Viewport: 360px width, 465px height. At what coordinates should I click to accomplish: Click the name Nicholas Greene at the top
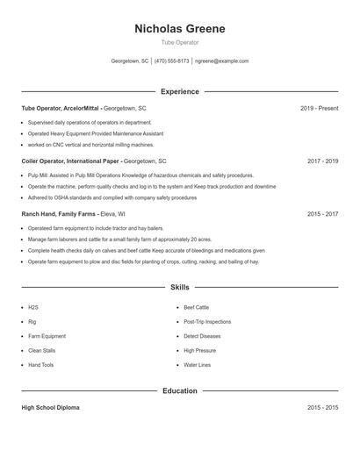(x=179, y=29)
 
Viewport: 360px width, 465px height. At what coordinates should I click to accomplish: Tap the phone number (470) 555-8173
(x=172, y=61)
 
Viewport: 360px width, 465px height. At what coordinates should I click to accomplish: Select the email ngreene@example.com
(x=221, y=61)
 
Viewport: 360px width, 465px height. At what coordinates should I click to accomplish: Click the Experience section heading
(x=179, y=91)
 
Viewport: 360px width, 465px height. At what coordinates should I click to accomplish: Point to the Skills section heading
(x=179, y=287)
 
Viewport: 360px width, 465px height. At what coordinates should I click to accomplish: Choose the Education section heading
(x=179, y=390)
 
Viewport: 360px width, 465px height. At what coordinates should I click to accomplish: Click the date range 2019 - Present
(x=319, y=108)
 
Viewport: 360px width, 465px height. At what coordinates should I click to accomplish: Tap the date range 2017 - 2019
(x=322, y=161)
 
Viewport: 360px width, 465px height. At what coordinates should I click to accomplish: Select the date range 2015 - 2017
(x=322, y=214)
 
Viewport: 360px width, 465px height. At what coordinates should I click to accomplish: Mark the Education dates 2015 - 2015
(x=322, y=408)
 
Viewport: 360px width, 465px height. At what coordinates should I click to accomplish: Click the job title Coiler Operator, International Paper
(x=70, y=161)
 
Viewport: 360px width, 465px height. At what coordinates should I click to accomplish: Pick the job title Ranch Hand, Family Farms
(x=59, y=214)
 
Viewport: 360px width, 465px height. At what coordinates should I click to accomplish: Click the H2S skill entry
(x=33, y=308)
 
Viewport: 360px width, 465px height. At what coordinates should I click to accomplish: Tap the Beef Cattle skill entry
(x=196, y=308)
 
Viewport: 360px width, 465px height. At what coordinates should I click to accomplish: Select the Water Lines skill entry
(x=197, y=365)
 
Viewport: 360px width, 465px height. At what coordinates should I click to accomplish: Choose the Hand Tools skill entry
(x=40, y=365)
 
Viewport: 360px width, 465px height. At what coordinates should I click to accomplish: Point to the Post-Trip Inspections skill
(x=207, y=322)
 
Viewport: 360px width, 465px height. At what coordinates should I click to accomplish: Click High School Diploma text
(x=51, y=408)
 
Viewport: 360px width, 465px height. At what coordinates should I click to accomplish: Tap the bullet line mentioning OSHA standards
(x=112, y=198)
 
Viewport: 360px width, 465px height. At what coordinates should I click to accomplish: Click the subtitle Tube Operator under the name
(x=179, y=42)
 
